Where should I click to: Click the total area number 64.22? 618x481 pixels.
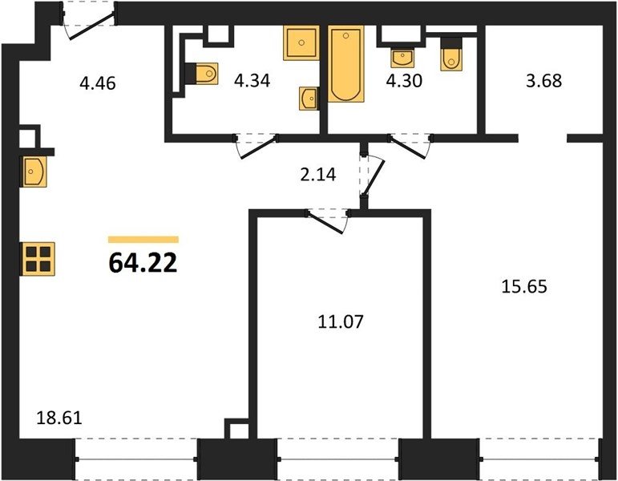143,263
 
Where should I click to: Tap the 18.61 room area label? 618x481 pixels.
59,418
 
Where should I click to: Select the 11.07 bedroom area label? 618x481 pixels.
341,321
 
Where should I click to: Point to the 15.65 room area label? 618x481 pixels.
524,287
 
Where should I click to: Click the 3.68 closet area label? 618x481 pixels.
544,81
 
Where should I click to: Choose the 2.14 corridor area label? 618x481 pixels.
318,175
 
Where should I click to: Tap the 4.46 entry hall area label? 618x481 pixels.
97,83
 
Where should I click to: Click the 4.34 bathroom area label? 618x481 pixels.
252,81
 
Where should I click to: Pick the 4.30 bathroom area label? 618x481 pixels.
404,80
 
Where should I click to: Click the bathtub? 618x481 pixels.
345,63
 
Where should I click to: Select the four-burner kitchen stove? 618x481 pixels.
38,259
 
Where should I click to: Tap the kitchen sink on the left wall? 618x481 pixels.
34,172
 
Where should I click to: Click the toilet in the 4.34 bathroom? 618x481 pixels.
201,73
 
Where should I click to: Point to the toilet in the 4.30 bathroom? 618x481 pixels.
451,54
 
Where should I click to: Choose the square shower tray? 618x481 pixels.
301,43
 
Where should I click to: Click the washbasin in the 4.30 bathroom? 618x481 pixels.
402,58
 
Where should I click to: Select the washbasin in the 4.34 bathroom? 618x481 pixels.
309,99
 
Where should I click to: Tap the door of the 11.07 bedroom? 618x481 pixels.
325,223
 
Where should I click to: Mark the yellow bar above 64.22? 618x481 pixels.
143,240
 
